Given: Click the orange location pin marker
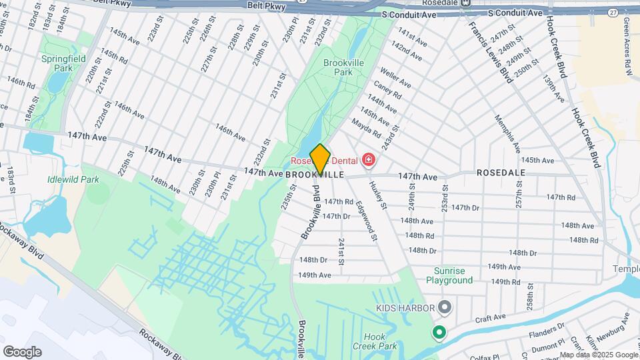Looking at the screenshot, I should [x=321, y=159].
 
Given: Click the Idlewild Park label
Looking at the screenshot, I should [x=73, y=179].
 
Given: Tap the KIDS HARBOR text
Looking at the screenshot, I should [x=404, y=308].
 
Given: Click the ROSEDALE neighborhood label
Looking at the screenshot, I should [x=501, y=173].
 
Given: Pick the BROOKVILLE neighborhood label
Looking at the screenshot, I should [x=315, y=174].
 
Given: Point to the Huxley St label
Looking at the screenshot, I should [x=378, y=195].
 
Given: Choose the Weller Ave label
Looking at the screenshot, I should [x=395, y=80].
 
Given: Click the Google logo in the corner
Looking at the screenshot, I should [x=22, y=352].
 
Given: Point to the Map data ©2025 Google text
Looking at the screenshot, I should [x=599, y=355].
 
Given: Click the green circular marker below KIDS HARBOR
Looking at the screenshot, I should [x=439, y=331].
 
